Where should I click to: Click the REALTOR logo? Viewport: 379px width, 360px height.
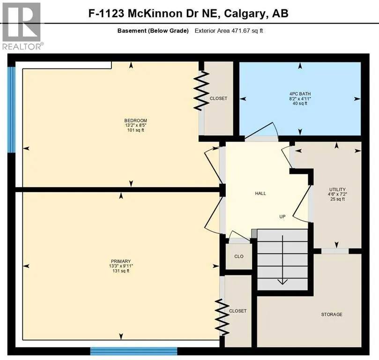coord(22,26)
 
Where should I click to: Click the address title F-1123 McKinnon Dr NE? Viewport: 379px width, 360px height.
coord(188,13)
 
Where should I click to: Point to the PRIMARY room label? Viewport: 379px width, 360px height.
coord(121,261)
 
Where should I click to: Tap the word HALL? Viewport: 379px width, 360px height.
coord(260,193)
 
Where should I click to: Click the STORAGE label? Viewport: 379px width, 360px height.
coord(332,314)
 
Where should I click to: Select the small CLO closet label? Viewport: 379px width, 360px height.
coord(239,257)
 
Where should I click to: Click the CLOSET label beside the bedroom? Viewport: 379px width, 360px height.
coord(218,98)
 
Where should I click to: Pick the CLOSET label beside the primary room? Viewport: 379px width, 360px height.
coord(238,311)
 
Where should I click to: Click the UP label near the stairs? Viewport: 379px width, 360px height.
coord(282,217)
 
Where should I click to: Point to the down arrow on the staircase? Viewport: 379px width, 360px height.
coord(282,280)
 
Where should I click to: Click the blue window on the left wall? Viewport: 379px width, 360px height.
coord(11,109)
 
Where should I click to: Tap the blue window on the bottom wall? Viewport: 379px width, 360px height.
coord(134,351)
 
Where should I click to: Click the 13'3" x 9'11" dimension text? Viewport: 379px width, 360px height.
coord(121,267)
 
